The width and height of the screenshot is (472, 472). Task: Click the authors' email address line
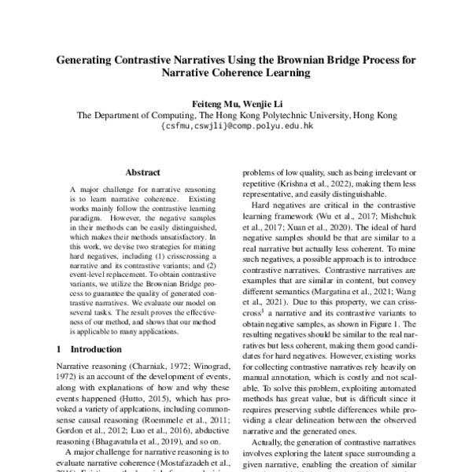[x=236, y=125]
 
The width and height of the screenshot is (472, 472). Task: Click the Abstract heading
[x=142, y=172]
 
